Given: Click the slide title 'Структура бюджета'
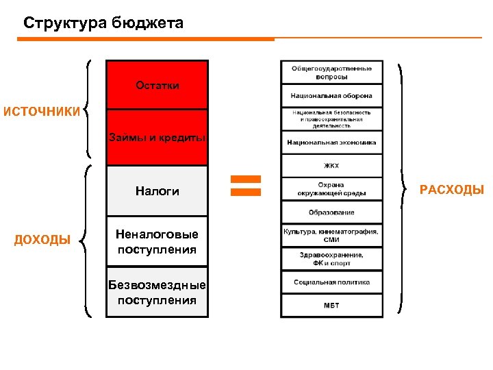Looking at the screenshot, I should click(103, 23).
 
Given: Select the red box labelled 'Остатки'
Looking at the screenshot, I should click(157, 86).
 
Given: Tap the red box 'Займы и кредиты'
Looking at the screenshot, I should click(157, 138).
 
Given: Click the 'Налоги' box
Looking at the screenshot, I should click(157, 191).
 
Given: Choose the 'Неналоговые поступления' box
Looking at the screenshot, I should click(157, 242).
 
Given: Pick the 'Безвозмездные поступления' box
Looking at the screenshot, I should click(157, 293).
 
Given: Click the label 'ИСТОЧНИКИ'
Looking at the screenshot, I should click(41, 111).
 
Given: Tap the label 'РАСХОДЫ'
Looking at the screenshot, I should click(451, 190).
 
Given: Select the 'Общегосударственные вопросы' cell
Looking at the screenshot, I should click(331, 73).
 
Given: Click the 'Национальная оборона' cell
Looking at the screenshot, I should click(331, 96).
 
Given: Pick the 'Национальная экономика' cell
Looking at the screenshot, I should click(331, 143).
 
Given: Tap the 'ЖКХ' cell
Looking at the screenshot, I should click(331, 165).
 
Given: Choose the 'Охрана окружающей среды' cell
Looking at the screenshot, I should click(331, 189).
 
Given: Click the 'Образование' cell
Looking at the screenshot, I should click(331, 212).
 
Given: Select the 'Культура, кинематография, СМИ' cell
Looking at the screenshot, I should click(331, 236).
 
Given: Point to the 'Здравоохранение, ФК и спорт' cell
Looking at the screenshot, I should click(331, 259).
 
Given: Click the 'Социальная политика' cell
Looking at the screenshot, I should click(331, 282).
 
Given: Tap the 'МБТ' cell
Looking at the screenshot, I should click(331, 306).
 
